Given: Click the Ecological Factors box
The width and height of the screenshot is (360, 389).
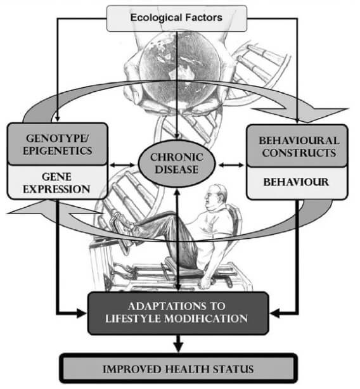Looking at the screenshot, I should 176,17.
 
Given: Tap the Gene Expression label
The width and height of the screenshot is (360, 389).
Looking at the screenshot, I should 56,182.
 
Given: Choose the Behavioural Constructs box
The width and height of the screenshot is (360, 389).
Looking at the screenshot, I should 296,146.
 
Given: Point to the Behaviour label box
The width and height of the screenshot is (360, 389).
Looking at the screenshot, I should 296,182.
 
